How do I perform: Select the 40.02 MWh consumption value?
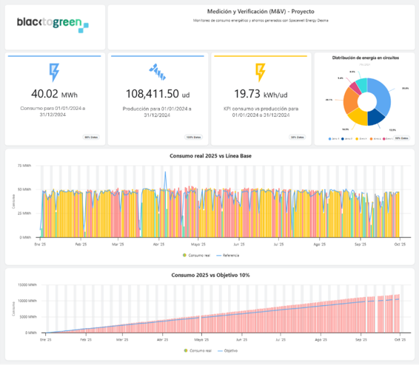click(53, 94)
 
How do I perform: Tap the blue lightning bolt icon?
click(53, 72)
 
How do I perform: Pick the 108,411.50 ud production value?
click(156, 94)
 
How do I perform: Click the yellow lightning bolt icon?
click(260, 72)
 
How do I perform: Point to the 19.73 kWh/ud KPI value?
click(260, 94)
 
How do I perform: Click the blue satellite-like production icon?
click(156, 72)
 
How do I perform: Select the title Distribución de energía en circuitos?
click(363, 58)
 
